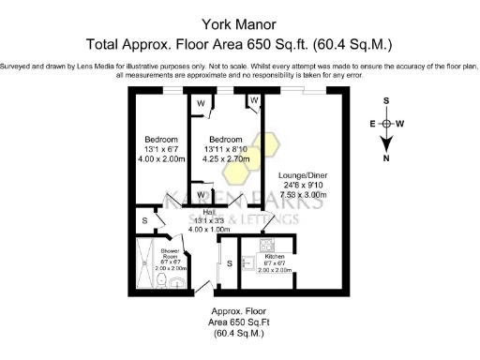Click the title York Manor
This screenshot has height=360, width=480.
click(240, 24)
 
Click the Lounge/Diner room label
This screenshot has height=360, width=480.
click(302, 175)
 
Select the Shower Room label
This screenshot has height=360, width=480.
click(170, 255)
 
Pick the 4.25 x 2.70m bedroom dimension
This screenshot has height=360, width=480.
click(226, 158)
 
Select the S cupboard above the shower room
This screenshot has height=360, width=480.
click(144, 221)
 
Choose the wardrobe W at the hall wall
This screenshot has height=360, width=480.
click(202, 195)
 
